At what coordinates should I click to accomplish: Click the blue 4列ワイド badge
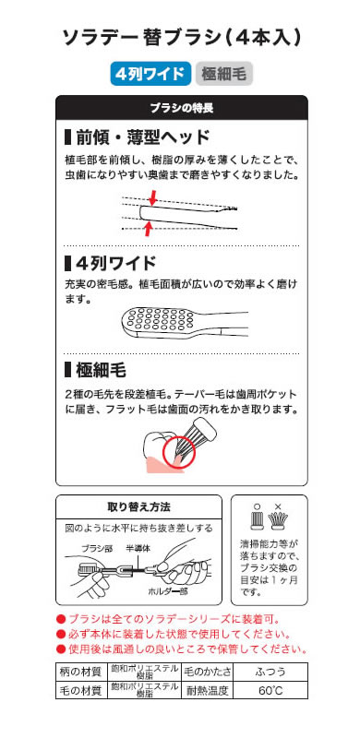tap(150, 74)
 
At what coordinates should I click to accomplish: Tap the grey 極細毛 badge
tap(223, 74)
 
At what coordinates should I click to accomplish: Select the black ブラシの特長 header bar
tap(182, 108)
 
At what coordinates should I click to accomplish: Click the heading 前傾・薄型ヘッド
tap(137, 137)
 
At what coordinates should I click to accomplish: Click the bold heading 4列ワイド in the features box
tap(110, 263)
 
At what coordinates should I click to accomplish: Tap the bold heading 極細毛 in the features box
tap(95, 371)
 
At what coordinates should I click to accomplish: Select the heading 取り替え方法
tap(139, 506)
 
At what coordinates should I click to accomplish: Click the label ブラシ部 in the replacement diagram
tap(96, 548)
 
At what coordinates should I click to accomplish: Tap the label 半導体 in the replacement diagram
tap(138, 548)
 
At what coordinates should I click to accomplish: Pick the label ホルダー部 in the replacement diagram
tap(167, 591)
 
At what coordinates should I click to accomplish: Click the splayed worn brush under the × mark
tap(278, 521)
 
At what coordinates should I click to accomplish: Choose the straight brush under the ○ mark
tap(256, 521)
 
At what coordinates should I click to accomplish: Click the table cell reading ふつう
tap(270, 672)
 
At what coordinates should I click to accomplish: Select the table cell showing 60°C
tap(270, 689)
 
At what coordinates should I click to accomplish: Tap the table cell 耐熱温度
tap(207, 689)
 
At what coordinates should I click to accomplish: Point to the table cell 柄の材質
tap(81, 672)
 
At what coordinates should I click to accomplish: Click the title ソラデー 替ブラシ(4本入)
tap(182, 38)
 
